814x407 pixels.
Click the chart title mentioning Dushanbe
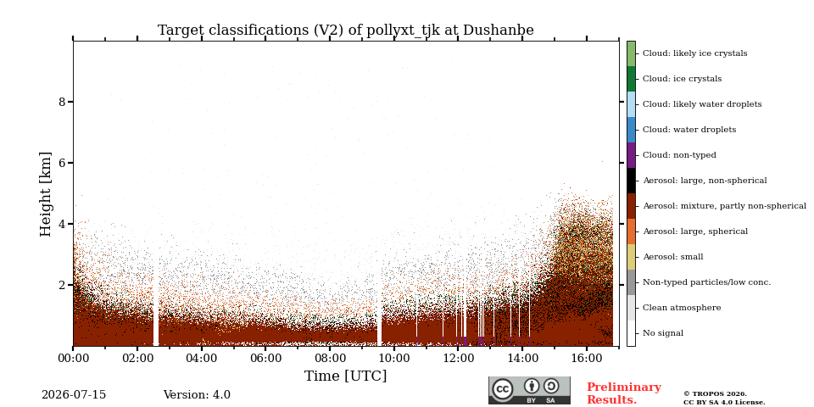point(346,31)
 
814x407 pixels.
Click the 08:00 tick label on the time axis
point(330,360)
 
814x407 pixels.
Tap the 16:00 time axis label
point(587,360)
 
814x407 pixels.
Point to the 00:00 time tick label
point(73,360)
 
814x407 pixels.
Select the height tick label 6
point(62,163)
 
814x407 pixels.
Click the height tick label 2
point(62,285)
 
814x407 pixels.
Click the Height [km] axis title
point(46,194)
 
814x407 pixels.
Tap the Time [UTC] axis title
point(346,376)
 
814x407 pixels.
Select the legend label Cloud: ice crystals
point(682,79)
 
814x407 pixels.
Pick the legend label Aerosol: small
point(673,257)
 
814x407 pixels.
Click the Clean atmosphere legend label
point(682,308)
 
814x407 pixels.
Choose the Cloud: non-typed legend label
point(679,155)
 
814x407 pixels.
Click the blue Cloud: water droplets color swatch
point(631,130)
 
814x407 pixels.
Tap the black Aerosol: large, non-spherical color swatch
point(631,181)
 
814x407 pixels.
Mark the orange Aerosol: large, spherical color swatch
point(631,231)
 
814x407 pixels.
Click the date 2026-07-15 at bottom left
point(74,395)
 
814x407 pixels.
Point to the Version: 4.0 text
point(197,395)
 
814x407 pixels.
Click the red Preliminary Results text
point(624,393)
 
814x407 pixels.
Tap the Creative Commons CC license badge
point(529,390)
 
